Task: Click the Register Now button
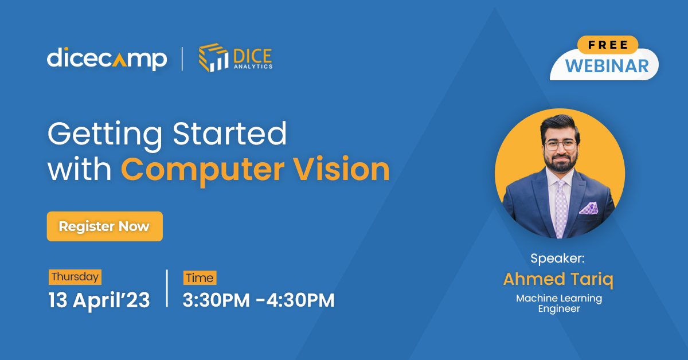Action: pos(104,226)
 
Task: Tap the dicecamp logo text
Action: pos(107,58)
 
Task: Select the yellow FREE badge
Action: pos(607,45)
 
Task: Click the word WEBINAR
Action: pos(607,66)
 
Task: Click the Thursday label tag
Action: pos(75,277)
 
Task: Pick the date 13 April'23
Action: pos(99,300)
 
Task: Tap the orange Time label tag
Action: pos(200,278)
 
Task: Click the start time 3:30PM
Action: pos(216,300)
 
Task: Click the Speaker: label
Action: pos(557,259)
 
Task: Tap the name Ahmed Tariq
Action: pos(558,280)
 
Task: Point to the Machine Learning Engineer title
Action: pos(559,303)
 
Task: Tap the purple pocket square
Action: pos(589,208)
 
